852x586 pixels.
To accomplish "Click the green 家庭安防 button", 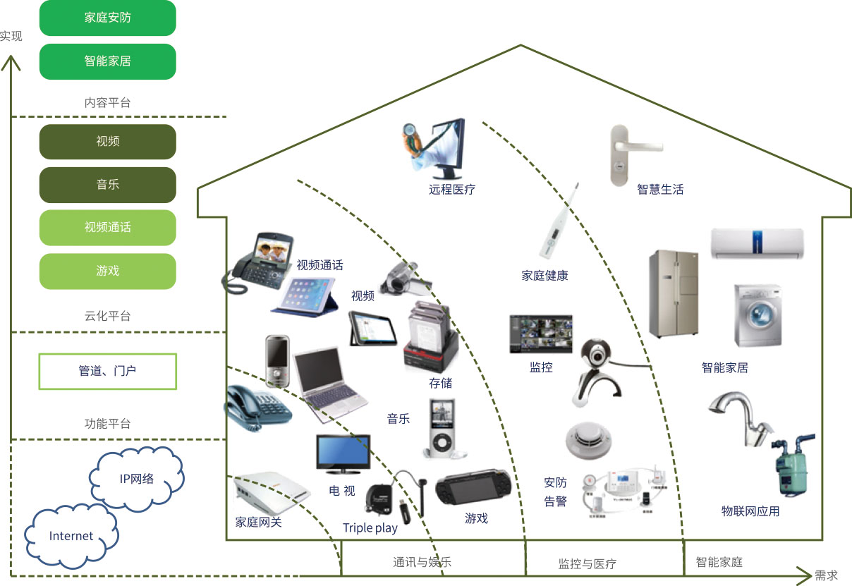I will click(x=107, y=18).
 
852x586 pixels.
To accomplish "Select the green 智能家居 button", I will click(x=107, y=61).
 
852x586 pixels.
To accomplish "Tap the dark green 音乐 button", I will click(x=107, y=185).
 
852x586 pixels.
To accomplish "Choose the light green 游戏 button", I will click(x=107, y=271).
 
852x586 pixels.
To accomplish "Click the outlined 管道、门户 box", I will click(x=107, y=371).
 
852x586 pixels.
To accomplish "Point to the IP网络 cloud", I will click(x=137, y=479).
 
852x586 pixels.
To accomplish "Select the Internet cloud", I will click(x=71, y=536).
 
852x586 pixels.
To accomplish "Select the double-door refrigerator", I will click(x=673, y=293).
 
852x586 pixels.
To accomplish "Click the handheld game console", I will click(x=473, y=488).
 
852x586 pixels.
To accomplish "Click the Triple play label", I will click(x=370, y=528).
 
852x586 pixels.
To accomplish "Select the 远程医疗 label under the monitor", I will click(x=451, y=190).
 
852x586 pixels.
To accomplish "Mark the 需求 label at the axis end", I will click(x=826, y=575).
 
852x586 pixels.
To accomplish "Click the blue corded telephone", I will click(x=256, y=408).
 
